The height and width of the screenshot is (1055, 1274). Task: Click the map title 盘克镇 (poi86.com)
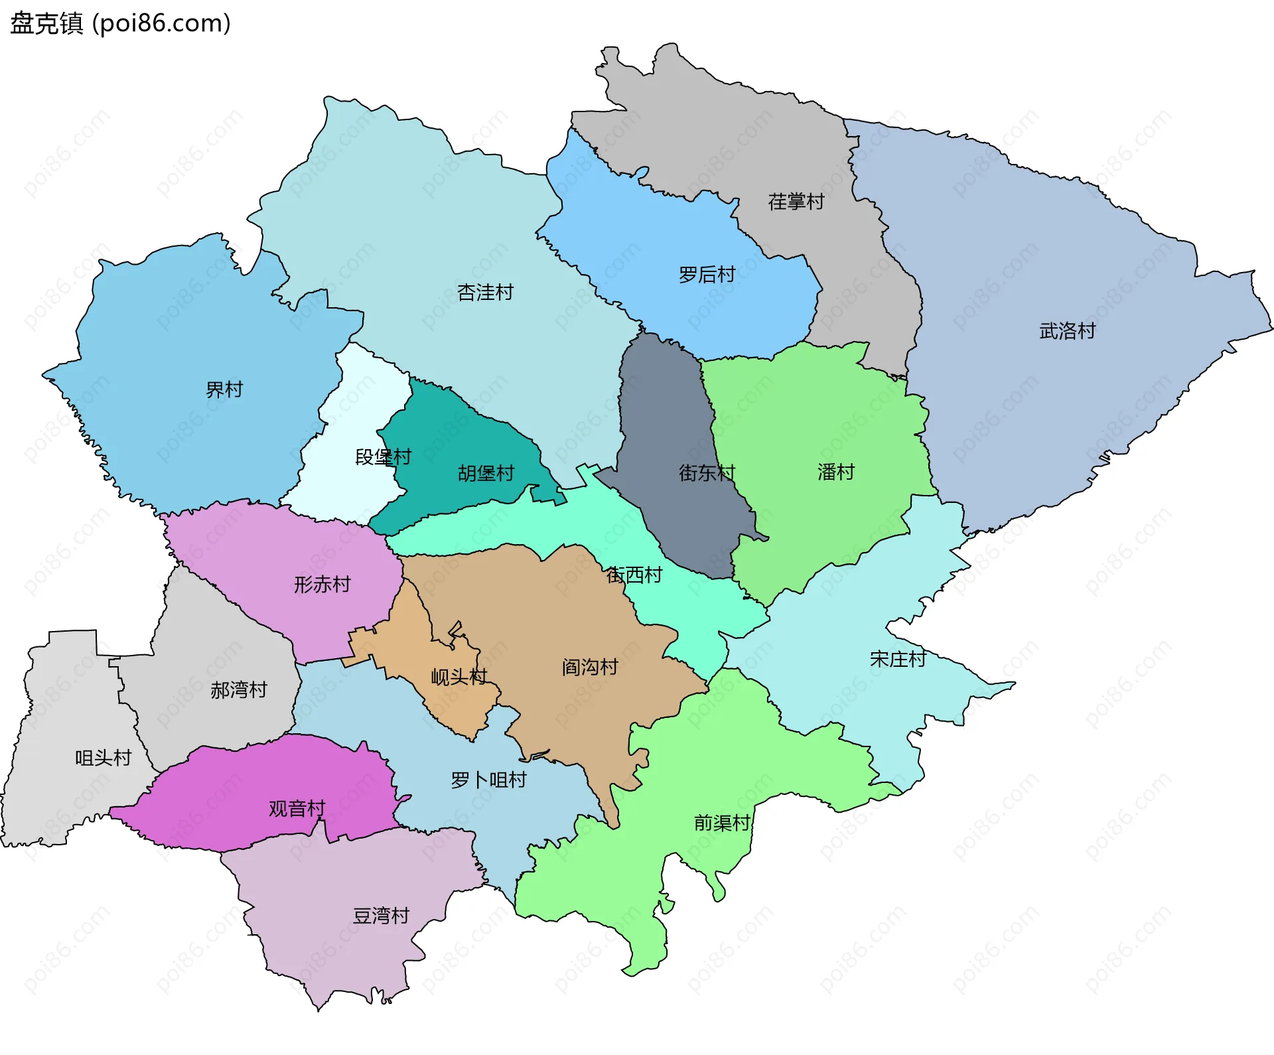coord(120,23)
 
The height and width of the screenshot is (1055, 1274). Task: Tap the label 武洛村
coord(1067,331)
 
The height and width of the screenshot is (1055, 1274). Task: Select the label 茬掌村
coord(796,202)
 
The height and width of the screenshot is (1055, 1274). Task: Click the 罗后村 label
coord(707,275)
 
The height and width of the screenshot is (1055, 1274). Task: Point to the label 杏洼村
coord(485,293)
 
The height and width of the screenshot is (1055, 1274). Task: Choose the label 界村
coord(224,389)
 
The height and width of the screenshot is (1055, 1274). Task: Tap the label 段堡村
coord(383,457)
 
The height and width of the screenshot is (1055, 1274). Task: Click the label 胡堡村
coord(486,474)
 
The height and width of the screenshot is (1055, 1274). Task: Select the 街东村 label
coord(707,473)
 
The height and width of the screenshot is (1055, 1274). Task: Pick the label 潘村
coord(835,472)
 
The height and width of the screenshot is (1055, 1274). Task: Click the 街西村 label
coord(634,575)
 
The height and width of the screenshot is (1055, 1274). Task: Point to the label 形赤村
coord(322,585)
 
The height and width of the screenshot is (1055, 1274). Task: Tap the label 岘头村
coord(459,677)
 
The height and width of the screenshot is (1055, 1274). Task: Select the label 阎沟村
coord(590,668)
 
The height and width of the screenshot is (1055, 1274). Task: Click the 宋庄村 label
coord(897,660)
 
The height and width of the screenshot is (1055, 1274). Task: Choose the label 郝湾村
coord(238,691)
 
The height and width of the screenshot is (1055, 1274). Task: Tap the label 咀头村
coord(103,758)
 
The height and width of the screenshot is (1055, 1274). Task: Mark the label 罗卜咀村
coord(488,780)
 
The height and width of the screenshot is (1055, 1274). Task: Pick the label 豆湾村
coord(381,916)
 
